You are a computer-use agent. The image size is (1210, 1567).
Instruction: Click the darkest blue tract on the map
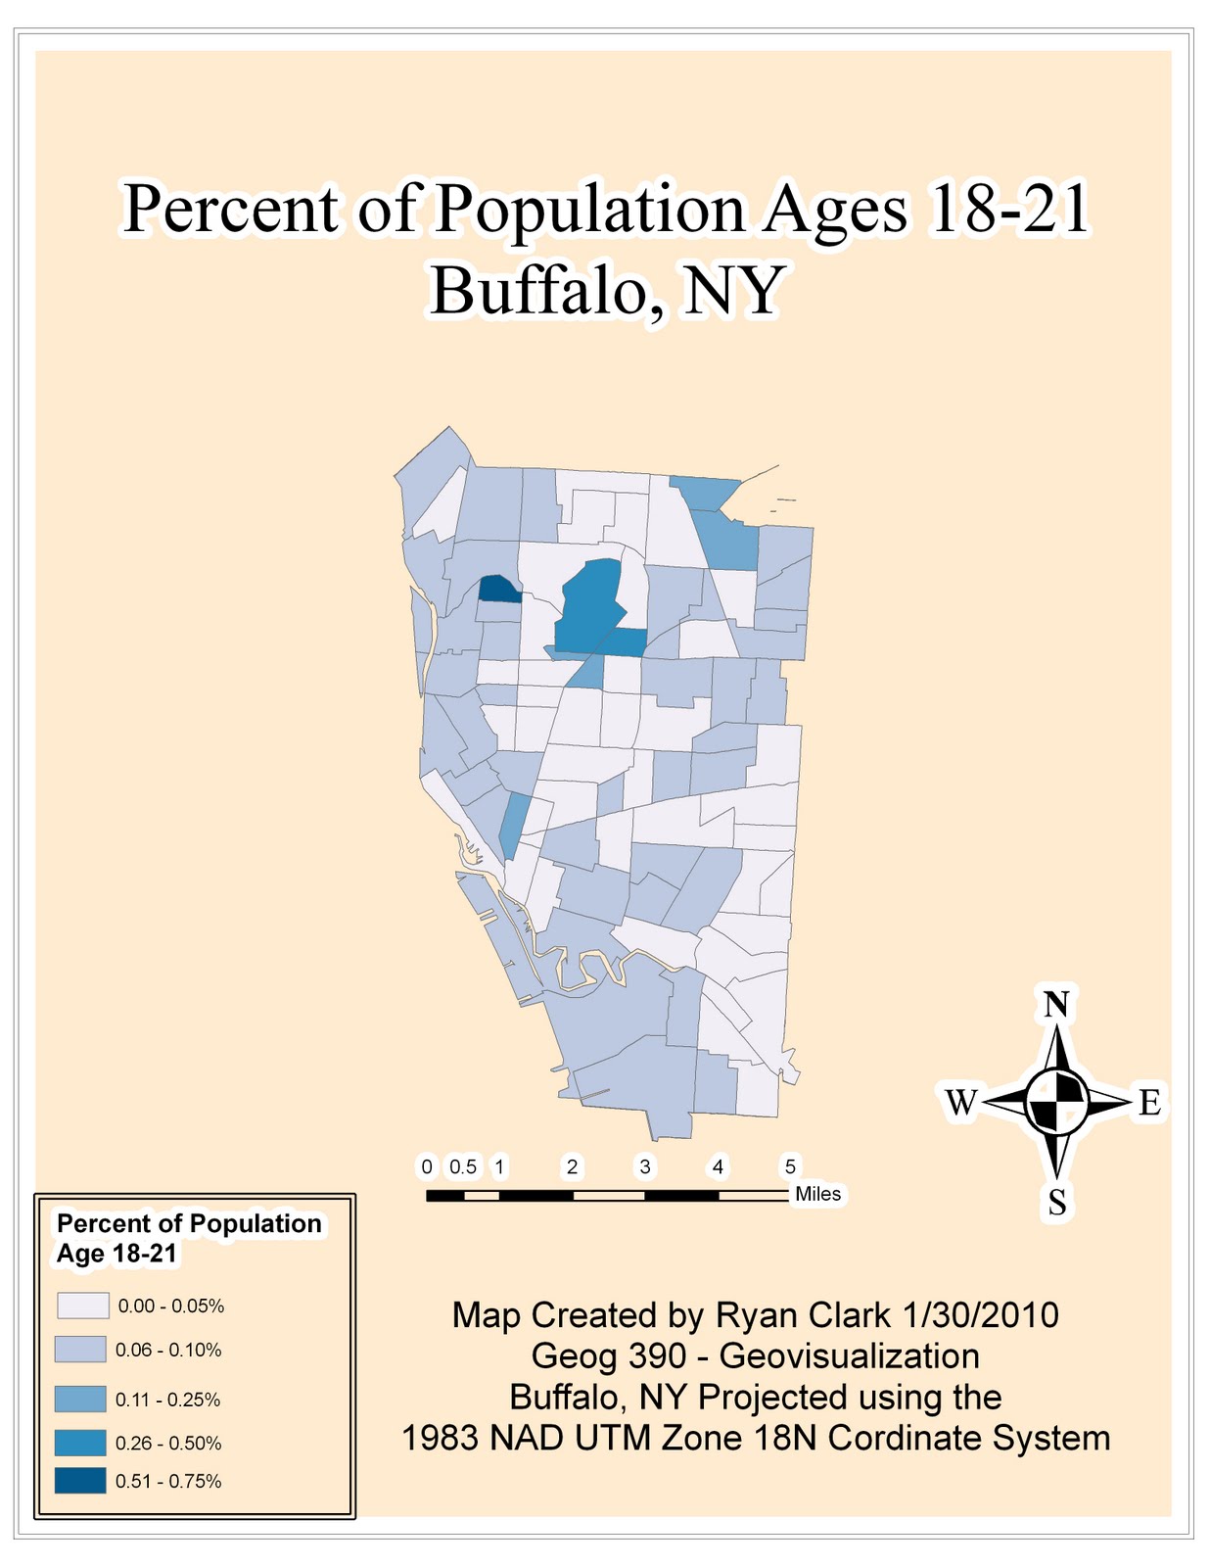coord(497,590)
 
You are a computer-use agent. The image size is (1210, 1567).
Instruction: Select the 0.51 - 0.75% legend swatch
coord(80,1480)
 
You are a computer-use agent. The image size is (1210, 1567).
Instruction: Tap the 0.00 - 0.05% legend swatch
coord(82,1306)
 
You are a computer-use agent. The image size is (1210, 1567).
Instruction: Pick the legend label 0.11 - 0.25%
coord(167,1400)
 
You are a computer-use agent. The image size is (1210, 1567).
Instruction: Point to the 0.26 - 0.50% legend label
coord(168,1443)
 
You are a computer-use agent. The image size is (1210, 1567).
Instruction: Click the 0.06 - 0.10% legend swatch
coord(80,1350)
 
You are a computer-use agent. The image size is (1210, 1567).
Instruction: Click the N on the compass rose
coord(1056,1005)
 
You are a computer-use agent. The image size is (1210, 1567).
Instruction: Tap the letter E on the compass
coord(1149,1103)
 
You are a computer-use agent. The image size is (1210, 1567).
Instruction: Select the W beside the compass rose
coord(960,1103)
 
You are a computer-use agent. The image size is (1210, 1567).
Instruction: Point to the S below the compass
coord(1057,1202)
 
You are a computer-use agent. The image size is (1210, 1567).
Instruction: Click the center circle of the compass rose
coord(1057,1102)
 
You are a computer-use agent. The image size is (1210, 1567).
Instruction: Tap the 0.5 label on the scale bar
coord(463,1166)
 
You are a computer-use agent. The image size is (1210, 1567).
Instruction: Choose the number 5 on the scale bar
coord(790,1166)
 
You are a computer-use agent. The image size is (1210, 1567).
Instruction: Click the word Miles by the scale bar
coord(818,1194)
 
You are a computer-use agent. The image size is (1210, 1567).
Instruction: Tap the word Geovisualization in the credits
coord(849,1356)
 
